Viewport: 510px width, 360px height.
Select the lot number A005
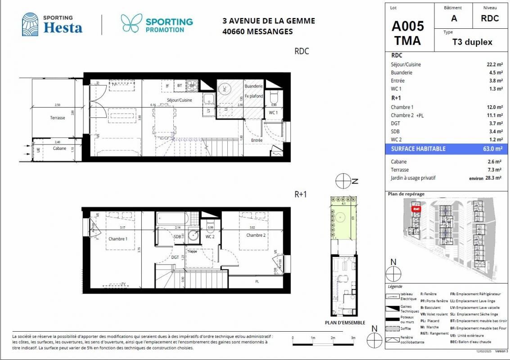pos(408,25)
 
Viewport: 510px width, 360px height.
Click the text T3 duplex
pos(472,42)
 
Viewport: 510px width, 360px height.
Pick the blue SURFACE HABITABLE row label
pos(418,149)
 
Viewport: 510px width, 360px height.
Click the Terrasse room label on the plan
pos(58,117)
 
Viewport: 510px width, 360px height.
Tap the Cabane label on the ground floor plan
pos(60,148)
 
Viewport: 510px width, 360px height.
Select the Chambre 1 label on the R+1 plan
pos(118,239)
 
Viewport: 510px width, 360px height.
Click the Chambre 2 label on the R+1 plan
pos(255,235)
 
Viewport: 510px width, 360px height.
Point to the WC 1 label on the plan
pos(273,112)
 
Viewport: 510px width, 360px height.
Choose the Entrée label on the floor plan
pos(257,140)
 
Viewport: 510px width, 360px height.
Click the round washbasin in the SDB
pos(194,234)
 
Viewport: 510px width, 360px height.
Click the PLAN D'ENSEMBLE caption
pos(345,323)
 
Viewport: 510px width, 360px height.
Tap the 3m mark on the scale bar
pos(353,337)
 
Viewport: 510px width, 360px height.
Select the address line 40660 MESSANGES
pos(257,31)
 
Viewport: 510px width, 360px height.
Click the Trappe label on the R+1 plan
pos(192,252)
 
